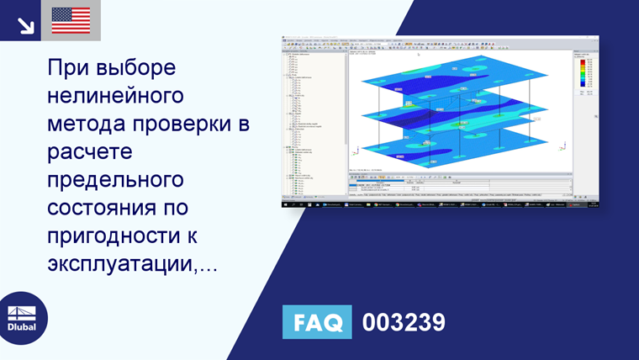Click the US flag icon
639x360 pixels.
point(71,20)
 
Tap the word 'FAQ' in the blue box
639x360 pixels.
point(319,322)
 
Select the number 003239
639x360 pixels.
point(403,322)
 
